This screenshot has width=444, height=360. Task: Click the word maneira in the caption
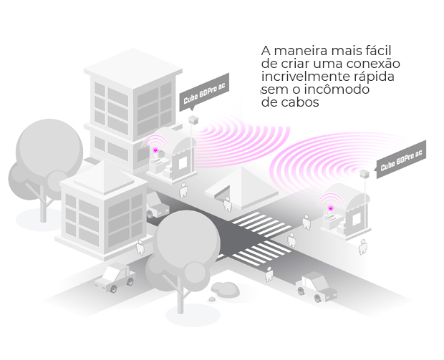pyautogui.click(x=299, y=52)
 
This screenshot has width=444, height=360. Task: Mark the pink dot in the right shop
pyautogui.click(x=331, y=208)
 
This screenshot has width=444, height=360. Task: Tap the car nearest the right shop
pyautogui.click(x=315, y=285)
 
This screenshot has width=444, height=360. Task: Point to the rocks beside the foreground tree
pyautogui.click(x=226, y=288)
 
